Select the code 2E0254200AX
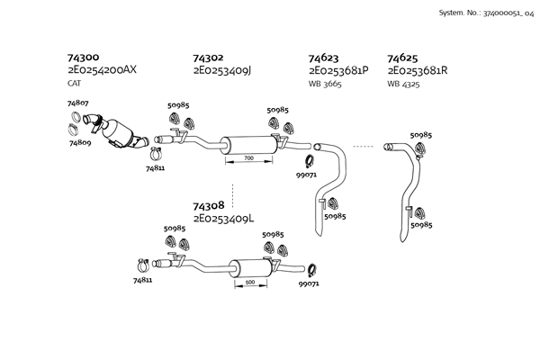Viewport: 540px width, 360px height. pos(103,70)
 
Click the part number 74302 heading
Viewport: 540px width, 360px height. pos(209,58)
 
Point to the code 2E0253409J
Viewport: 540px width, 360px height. pos(223,70)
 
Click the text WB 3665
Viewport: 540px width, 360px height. pos(324,83)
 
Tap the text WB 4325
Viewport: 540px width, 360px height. pos(403,83)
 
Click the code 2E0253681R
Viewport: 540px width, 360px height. pos(418,70)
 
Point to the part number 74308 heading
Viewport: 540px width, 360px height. pos(209,205)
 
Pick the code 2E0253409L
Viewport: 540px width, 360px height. pos(223,218)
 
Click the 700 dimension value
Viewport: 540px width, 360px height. pos(248,158)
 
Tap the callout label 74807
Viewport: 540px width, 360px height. pos(78,103)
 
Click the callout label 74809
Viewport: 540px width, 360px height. pos(80,142)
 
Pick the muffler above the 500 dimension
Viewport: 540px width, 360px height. pos(252,267)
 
